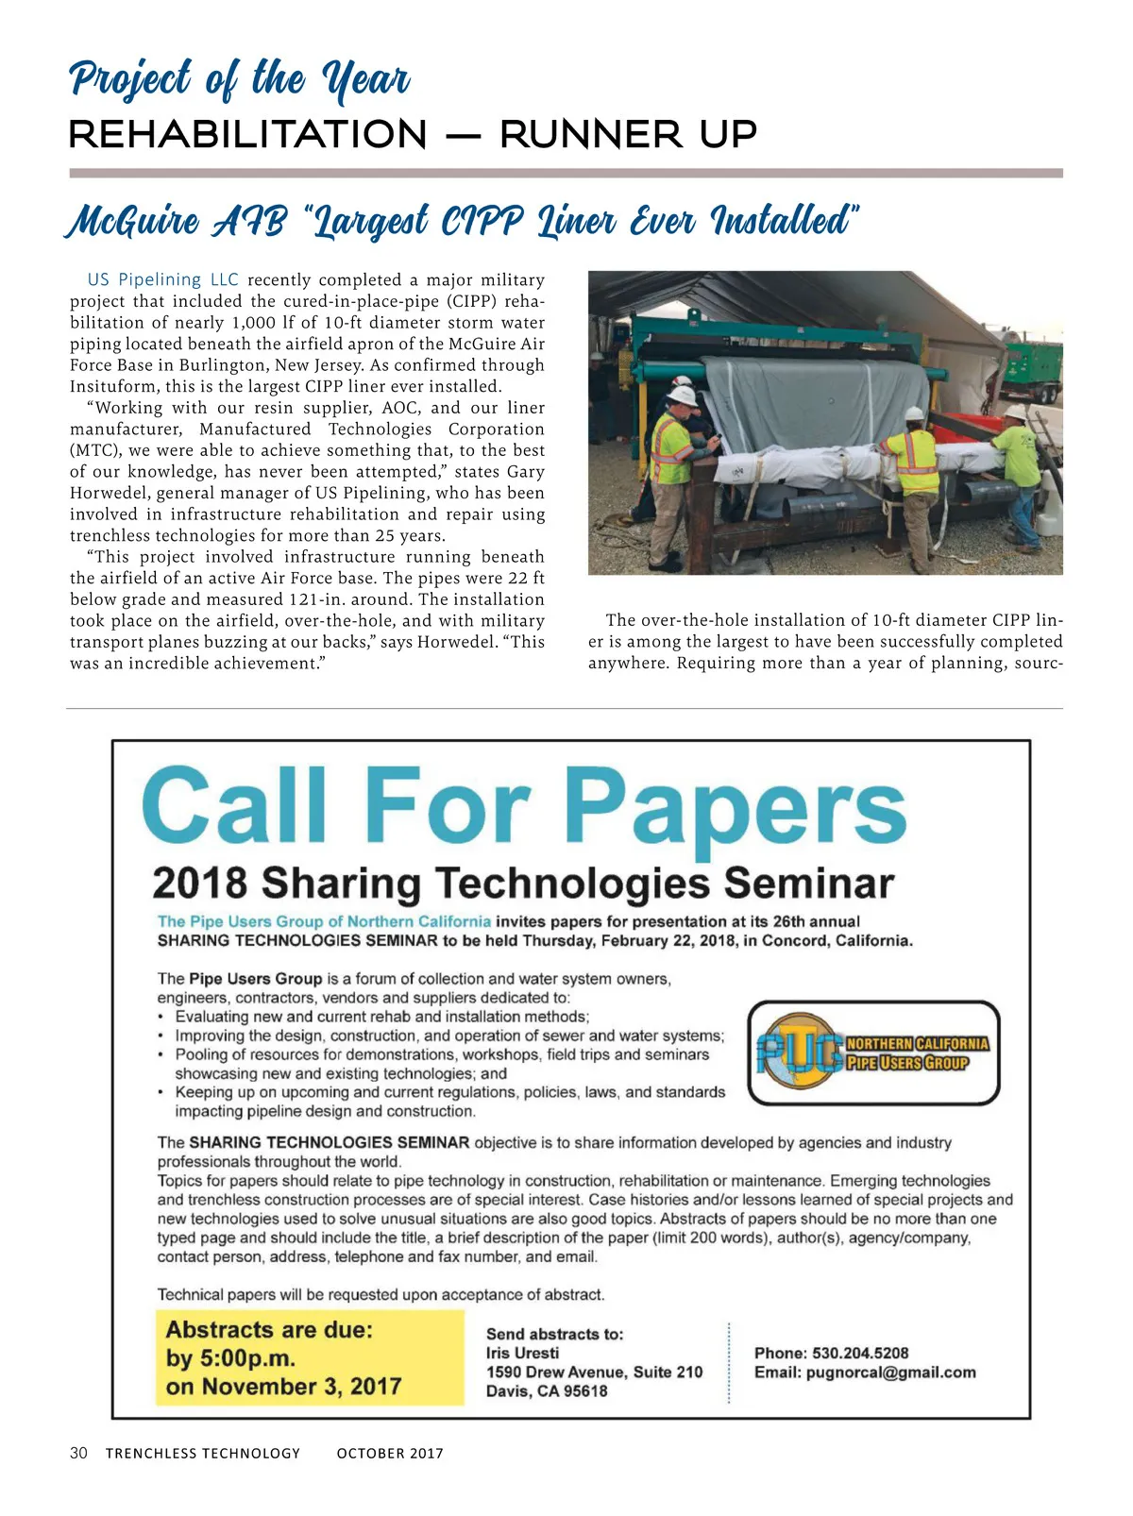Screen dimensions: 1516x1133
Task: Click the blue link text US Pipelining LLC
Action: point(162,279)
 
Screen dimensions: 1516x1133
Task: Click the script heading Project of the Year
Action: point(240,79)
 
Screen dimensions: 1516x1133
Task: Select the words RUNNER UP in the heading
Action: point(628,134)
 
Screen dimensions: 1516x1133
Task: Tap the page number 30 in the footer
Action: point(78,1453)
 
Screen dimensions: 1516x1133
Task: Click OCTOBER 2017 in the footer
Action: point(390,1453)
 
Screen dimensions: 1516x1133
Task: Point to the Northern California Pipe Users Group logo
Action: point(873,1053)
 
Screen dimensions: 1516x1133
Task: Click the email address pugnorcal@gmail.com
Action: point(890,1372)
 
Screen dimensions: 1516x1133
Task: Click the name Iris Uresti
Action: point(522,1353)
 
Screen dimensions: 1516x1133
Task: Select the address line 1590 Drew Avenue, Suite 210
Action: point(594,1372)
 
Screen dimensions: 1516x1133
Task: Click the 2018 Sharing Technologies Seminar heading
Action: point(522,884)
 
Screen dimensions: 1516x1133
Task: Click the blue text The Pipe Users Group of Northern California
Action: point(324,921)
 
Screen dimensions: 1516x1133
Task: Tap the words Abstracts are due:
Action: point(269,1330)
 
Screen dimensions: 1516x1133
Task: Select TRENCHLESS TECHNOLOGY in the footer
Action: point(202,1453)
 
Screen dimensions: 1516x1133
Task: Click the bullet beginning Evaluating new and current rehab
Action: point(381,1017)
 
